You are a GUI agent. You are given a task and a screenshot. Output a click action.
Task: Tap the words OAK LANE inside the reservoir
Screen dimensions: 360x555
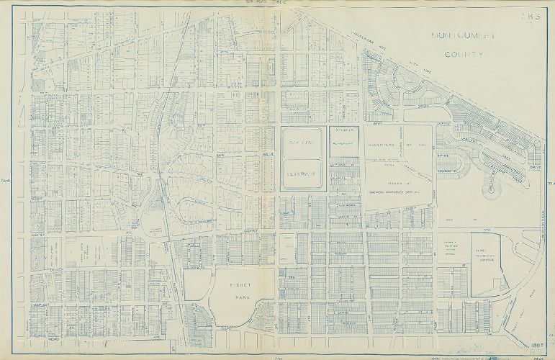tap(302, 145)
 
